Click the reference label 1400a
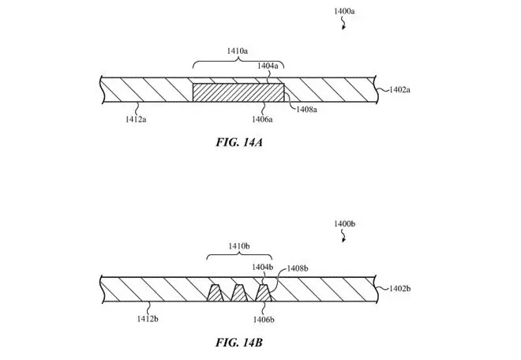344,11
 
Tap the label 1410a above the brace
238,51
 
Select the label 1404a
268,66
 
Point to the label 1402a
399,89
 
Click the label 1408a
307,110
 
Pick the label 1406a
262,119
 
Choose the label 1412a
136,119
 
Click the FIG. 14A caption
239,142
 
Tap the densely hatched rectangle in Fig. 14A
238,92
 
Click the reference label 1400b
344,224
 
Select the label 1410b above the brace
239,246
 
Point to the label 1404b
263,267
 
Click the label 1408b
298,268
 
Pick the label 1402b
400,288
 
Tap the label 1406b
264,320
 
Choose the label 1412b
148,319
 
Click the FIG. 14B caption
239,343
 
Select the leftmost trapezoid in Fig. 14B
216,294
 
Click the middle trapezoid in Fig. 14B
239,294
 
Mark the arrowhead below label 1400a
343,28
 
